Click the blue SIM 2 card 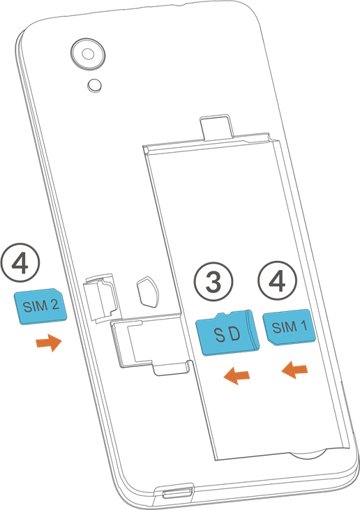click(x=40, y=306)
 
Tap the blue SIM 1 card click(x=289, y=327)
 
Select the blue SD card click(x=227, y=332)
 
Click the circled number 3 click(x=213, y=281)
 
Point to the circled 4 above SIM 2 click(x=20, y=262)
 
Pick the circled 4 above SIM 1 click(x=278, y=280)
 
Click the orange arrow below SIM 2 click(x=49, y=343)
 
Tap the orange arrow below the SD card click(x=237, y=375)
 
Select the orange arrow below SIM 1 click(x=294, y=370)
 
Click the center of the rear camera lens click(x=88, y=54)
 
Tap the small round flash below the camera click(x=95, y=85)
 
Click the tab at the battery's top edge click(x=216, y=128)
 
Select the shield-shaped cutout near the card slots click(x=149, y=292)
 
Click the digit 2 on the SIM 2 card click(x=54, y=305)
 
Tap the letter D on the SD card click(x=235, y=333)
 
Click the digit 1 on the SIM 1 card click(x=303, y=325)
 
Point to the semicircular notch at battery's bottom click(x=308, y=454)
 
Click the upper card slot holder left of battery click(x=100, y=297)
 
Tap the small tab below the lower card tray click(x=171, y=369)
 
